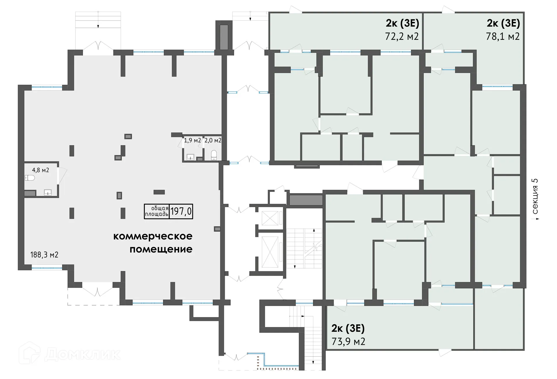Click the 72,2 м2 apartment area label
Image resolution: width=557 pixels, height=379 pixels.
402,37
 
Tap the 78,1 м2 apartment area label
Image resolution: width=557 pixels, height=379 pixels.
503,37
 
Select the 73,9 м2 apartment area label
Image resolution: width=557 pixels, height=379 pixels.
348,342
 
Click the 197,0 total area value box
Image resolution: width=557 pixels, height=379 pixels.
181,211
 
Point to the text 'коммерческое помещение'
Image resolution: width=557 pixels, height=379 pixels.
153,243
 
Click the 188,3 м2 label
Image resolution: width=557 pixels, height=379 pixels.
44,255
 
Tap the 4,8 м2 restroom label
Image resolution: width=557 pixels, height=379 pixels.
40,170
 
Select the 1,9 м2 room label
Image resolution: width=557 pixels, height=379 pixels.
192,140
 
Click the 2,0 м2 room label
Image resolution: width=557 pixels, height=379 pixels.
213,140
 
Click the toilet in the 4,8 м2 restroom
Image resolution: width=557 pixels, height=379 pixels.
30,178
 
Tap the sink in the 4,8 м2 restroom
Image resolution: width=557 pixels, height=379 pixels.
48,192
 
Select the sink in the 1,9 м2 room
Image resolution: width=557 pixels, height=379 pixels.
190,157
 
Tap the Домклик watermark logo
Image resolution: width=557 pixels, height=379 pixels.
70,354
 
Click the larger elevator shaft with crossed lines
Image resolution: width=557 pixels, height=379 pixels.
270,252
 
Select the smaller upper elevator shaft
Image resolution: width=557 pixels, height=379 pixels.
270,218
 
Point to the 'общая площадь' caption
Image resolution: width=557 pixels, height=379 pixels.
157,211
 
